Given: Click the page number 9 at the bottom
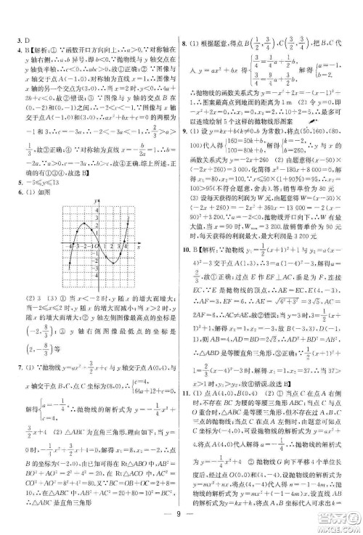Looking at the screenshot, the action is (181, 518).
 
